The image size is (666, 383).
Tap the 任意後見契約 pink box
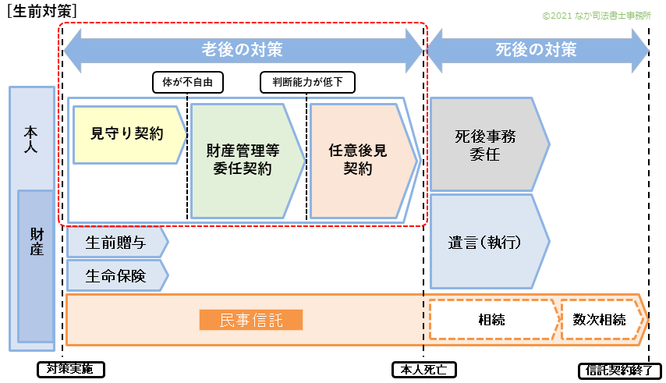tap(358, 160)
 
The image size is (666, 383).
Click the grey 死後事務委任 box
tap(485, 145)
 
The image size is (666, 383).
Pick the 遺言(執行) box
tap(485, 242)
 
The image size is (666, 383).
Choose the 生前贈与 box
tap(115, 243)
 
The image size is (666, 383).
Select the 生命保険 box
tap(115, 275)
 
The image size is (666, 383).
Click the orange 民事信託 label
tap(250, 320)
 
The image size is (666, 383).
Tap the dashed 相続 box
tap(491, 320)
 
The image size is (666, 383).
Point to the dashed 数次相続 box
tap(600, 320)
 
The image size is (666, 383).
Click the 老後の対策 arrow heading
tap(243, 50)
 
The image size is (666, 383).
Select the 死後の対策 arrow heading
tap(537, 50)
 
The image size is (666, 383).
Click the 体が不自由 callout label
tap(187, 81)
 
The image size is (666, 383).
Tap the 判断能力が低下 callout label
tap(306, 81)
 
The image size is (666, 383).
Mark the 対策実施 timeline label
tap(70, 369)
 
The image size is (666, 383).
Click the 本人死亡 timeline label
tap(423, 369)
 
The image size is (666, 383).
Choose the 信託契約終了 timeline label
tap(621, 369)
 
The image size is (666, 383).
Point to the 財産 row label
tap(37, 242)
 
